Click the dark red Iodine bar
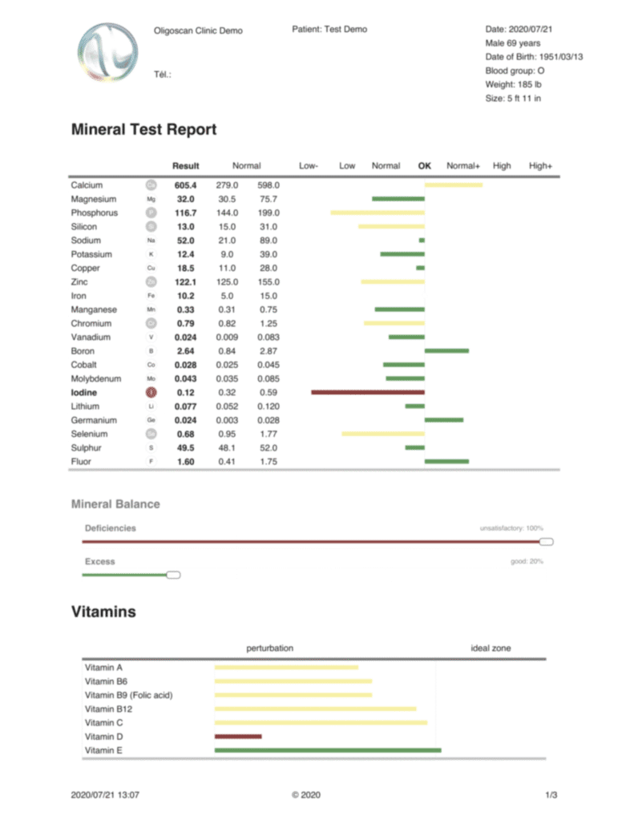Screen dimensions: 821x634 367,392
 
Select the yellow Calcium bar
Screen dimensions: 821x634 453,185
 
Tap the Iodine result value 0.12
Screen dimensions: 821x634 185,392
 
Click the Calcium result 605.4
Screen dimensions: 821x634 185,185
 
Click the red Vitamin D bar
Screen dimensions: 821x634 238,736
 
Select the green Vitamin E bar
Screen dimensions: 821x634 327,750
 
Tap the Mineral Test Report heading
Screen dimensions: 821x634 143,129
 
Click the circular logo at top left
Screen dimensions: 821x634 104,51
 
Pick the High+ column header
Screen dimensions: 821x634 541,166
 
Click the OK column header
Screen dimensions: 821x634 425,166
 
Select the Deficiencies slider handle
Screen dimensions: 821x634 547,542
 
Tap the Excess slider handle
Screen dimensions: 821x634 173,575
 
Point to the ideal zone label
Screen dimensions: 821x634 490,648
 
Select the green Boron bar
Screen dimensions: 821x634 446,350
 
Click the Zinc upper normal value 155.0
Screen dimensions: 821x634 269,281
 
